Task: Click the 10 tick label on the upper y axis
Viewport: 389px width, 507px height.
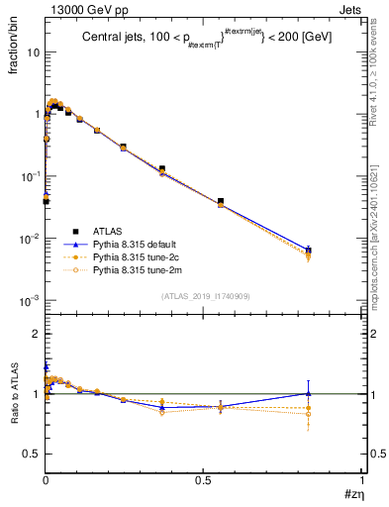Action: click(33, 52)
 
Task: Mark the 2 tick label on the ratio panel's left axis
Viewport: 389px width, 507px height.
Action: click(38, 335)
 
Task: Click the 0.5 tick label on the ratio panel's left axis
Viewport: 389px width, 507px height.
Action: click(34, 454)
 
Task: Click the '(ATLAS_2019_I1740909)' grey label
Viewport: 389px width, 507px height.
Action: click(204, 295)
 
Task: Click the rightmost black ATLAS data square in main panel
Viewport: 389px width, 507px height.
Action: click(336, 251)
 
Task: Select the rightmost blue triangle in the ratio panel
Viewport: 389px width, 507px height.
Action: click(336, 393)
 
